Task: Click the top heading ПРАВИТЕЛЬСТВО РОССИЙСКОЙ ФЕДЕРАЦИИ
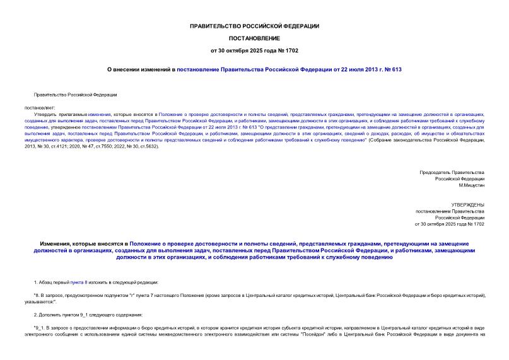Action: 254,26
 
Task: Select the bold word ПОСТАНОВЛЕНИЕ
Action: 254,38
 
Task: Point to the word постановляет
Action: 41,108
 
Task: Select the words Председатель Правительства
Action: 452,172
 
